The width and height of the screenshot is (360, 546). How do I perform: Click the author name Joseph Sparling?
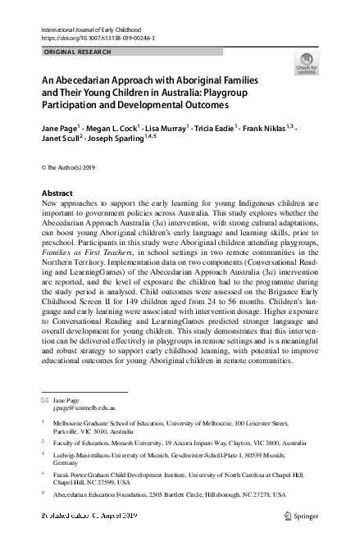tap(121, 140)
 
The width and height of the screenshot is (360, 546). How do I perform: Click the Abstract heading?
tap(57, 193)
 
